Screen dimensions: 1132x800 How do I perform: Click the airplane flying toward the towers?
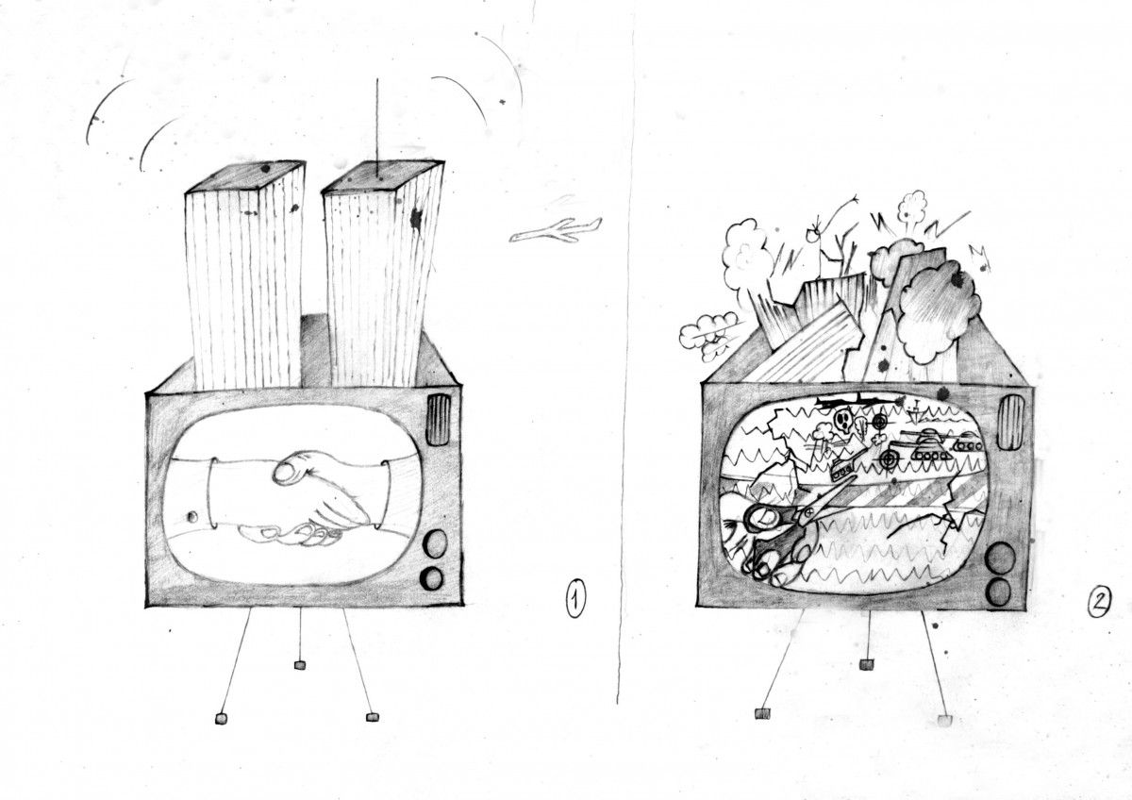click(x=556, y=231)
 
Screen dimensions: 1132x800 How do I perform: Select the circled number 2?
click(x=1099, y=604)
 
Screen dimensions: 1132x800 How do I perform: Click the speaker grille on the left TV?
click(x=438, y=420)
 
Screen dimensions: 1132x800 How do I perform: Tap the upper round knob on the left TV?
click(x=435, y=543)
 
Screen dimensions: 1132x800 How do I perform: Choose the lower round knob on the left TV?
click(x=432, y=577)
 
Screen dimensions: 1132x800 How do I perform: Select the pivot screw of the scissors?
click(x=809, y=513)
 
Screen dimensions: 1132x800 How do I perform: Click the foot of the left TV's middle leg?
click(x=300, y=664)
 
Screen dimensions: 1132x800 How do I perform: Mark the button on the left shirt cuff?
click(x=191, y=517)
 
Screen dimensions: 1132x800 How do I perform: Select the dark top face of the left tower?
click(x=246, y=176)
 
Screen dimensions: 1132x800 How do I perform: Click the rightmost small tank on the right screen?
click(x=968, y=444)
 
